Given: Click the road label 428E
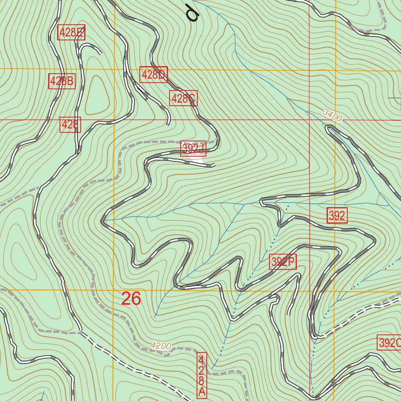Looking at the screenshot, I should tap(71, 33).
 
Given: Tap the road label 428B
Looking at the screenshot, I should tap(62, 81).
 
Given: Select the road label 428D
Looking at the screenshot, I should tap(154, 74).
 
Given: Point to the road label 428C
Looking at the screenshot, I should tap(183, 98).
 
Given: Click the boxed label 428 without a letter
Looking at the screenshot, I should tap(70, 125).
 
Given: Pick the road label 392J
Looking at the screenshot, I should tap(193, 148).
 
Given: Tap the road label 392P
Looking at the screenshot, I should tap(283, 262).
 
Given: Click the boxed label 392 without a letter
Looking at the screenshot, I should tap(337, 216).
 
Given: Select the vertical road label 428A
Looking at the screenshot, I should tap(201, 375).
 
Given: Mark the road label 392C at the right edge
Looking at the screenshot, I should tap(390, 343).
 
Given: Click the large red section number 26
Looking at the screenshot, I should tap(131, 299).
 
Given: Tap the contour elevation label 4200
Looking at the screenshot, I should tap(161, 346).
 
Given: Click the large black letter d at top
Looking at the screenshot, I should tap(193, 13).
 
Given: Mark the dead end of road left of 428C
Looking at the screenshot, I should tap(168, 125).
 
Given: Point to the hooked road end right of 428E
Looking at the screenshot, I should tap(101, 52).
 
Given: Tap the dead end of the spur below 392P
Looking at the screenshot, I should tap(289, 314).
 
